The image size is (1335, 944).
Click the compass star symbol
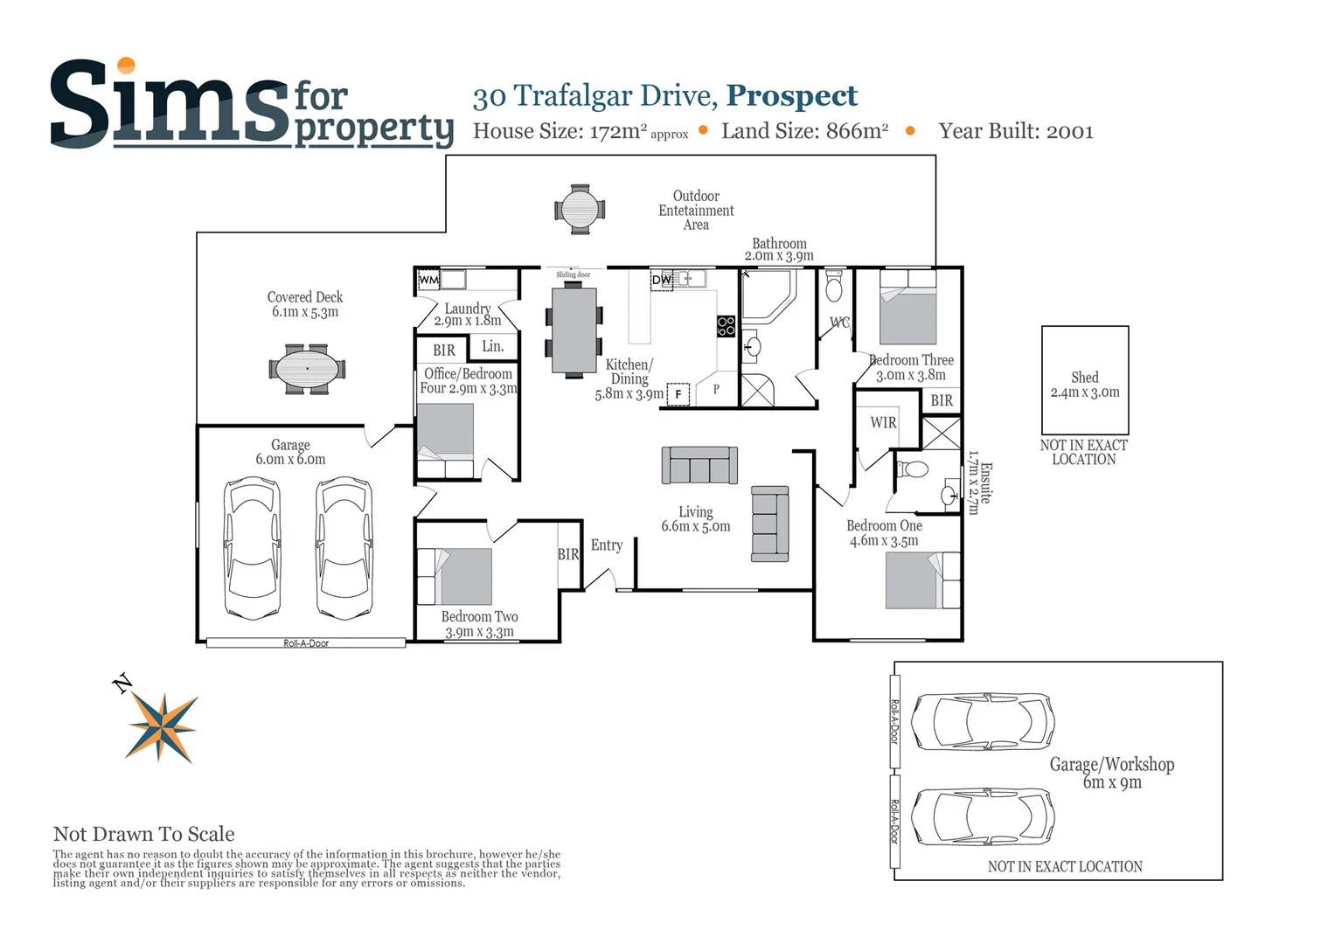tap(163, 725)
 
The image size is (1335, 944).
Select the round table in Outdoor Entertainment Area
tap(579, 210)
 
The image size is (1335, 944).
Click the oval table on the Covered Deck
tap(307, 369)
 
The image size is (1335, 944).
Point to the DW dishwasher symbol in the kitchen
tap(662, 280)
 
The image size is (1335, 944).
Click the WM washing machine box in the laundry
tap(428, 280)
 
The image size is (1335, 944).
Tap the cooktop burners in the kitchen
tap(726, 326)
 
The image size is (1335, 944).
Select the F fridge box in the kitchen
tap(678, 395)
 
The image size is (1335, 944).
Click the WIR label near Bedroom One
tap(883, 422)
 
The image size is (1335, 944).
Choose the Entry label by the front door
tap(607, 545)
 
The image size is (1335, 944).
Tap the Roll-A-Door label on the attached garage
tap(306, 643)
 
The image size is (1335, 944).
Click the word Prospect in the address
tap(792, 95)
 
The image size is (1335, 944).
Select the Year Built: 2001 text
tap(1016, 131)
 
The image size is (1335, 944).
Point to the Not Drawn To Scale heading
tap(144, 834)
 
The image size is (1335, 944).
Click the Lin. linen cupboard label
tap(493, 346)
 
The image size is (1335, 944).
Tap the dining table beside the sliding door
tap(574, 331)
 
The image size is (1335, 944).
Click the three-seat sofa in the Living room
tap(699, 465)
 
